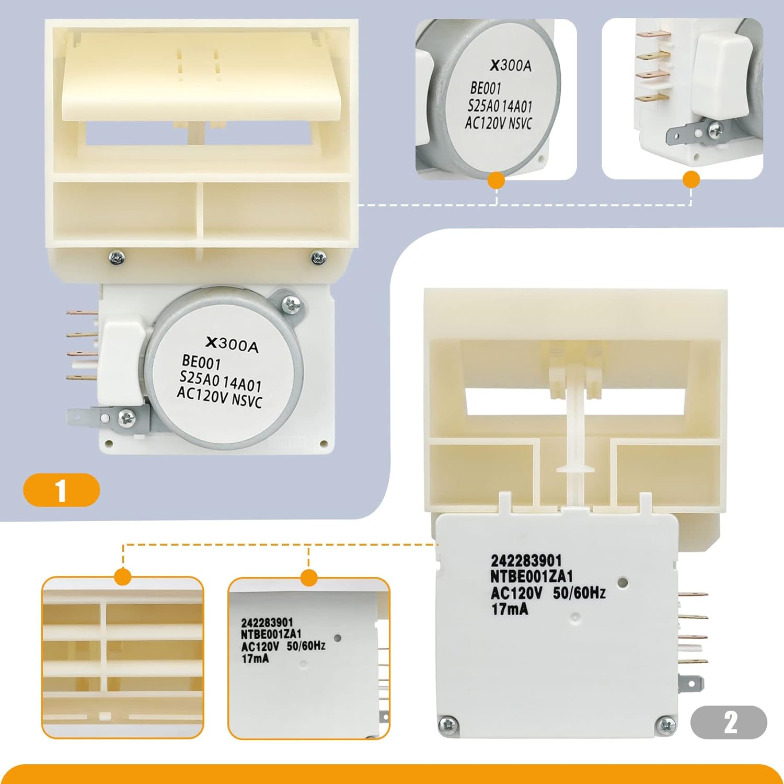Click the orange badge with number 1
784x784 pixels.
coord(61,490)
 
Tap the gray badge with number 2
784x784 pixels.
coord(729,722)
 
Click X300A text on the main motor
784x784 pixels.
coord(232,344)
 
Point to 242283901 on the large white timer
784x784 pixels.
coord(526,561)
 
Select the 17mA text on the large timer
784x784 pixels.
coord(510,609)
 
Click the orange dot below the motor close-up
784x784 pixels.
coord(496,180)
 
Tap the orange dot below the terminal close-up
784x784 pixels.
coord(691,180)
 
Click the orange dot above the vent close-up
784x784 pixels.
coord(123,578)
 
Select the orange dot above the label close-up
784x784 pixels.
coord(309,578)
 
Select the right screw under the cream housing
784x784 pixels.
coord(317,257)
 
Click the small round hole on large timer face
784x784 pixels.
coord(622,581)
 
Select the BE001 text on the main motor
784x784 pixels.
coord(202,362)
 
